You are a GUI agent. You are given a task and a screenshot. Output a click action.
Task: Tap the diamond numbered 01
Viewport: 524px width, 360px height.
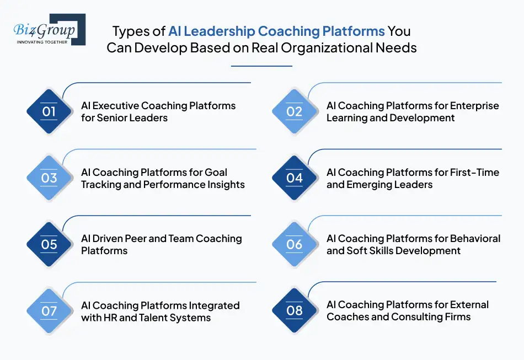tap(49, 111)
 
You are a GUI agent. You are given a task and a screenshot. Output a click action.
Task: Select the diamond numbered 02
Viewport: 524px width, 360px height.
tap(295, 111)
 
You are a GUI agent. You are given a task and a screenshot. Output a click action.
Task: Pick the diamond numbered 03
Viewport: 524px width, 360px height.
tap(49, 178)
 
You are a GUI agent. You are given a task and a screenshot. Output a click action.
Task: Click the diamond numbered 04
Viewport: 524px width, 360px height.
tap(295, 178)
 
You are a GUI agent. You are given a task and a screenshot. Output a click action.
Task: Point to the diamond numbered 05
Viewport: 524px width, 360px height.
tap(49, 244)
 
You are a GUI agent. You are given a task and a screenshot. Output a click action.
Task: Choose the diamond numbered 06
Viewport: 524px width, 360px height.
tap(295, 244)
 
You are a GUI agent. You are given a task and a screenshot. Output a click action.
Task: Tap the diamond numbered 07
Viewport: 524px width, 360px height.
tap(49, 310)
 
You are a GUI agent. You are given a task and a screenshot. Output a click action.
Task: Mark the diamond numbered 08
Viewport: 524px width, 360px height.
tap(295, 310)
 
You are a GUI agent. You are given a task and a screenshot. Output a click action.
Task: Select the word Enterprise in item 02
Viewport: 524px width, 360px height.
tap(475, 106)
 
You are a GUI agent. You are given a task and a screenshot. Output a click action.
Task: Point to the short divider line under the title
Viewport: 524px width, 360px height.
tap(261, 66)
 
